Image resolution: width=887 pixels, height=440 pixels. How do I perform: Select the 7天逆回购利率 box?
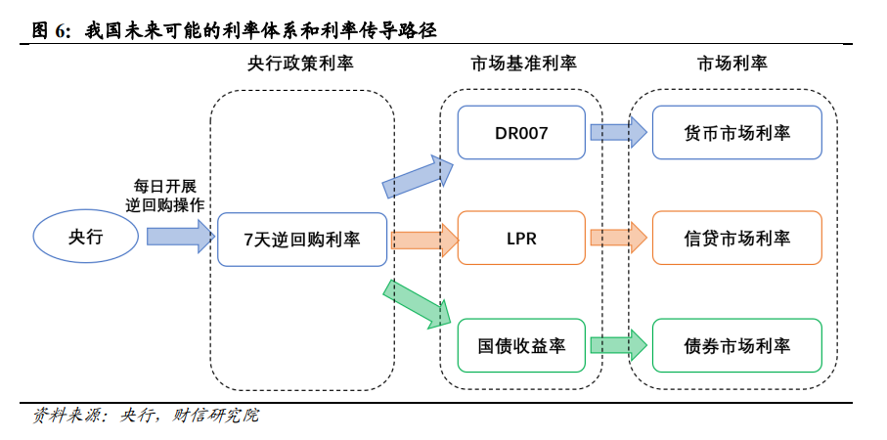(302, 239)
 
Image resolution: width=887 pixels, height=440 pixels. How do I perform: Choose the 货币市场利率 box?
(736, 132)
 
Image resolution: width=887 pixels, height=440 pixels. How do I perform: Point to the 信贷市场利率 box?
(736, 239)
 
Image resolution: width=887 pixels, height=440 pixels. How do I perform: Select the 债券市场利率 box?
(736, 345)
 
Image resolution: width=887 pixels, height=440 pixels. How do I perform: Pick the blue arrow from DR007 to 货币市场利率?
(617, 132)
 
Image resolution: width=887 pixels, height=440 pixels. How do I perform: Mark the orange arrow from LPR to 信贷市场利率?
(617, 239)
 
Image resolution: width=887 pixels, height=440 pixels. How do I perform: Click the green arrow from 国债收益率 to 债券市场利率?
(617, 345)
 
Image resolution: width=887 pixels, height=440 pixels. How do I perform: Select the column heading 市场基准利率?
(523, 64)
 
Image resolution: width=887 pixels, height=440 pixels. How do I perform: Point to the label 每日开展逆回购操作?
(164, 196)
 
